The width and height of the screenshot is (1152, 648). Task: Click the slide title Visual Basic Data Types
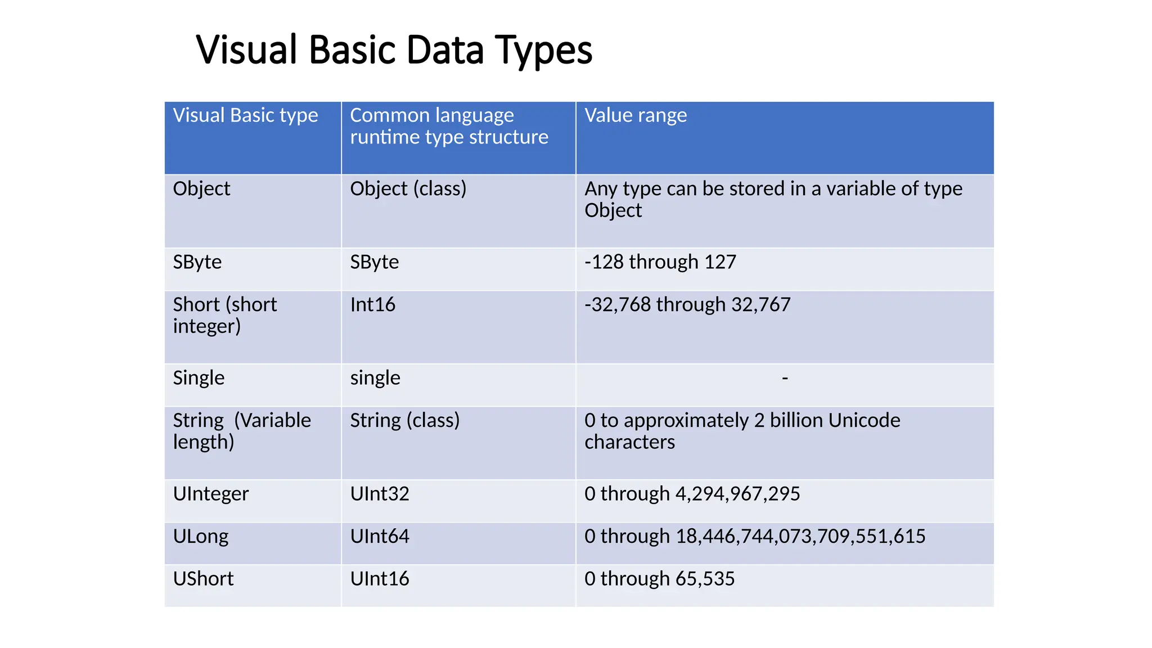tap(394, 50)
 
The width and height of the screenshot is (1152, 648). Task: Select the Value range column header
tap(636, 115)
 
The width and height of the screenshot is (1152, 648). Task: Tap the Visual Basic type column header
tap(245, 115)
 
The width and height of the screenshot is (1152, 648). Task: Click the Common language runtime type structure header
tap(448, 126)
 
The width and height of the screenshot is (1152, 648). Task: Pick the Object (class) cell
tap(408, 188)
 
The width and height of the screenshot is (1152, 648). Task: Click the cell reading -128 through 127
tap(660, 262)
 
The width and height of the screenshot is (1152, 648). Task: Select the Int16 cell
tap(372, 305)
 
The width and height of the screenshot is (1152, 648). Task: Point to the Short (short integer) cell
tap(225, 315)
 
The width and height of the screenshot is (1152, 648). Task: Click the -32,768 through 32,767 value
tap(687, 305)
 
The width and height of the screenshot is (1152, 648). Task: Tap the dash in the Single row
tap(785, 379)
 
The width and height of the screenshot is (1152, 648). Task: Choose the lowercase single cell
tap(375, 378)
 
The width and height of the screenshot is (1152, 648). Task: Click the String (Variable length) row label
tap(242, 431)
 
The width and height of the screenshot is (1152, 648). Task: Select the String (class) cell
tap(404, 421)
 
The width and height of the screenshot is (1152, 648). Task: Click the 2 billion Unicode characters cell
tap(742, 431)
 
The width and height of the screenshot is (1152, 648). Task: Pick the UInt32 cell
tap(380, 494)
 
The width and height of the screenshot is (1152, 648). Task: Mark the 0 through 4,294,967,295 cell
tap(692, 494)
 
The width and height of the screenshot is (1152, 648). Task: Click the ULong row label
tap(201, 537)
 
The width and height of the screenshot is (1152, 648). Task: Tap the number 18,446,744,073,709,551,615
tap(800, 537)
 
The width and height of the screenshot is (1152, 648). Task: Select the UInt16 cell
tap(380, 579)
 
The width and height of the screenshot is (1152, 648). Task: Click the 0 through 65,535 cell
tap(659, 579)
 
